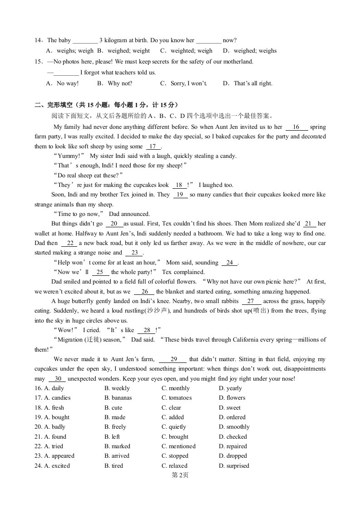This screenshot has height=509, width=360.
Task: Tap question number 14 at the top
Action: click(38, 40)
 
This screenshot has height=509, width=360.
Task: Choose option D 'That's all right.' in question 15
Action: click(247, 83)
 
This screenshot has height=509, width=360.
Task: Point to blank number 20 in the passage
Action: click(114, 224)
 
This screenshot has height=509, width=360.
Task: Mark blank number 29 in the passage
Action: click(173, 359)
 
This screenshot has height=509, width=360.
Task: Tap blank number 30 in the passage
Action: click(57, 379)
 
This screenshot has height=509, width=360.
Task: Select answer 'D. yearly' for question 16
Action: click(230, 388)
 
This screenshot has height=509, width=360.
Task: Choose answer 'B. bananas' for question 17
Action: click(118, 398)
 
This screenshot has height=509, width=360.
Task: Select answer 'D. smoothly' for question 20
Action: click(234, 427)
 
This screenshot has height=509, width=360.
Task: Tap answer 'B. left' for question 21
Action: click(112, 437)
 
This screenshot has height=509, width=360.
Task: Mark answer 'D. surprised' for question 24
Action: click(234, 466)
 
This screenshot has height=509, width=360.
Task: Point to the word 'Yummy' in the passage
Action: click(69, 156)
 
